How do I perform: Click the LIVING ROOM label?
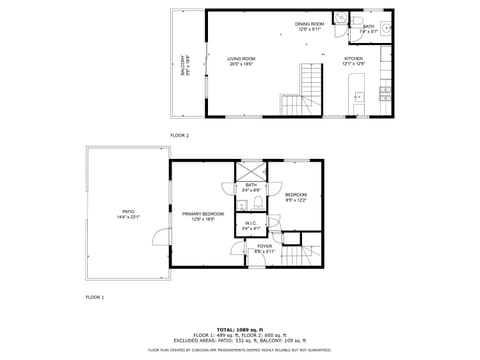[240, 61]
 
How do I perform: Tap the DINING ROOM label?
[309, 26]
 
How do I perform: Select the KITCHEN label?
[355, 62]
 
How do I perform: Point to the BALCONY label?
[183, 64]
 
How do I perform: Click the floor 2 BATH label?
[369, 29]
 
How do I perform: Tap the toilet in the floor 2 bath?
[341, 18]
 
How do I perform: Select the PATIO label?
[128, 213]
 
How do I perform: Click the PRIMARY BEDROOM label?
[203, 216]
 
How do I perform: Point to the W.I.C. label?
[251, 226]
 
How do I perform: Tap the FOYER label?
[264, 248]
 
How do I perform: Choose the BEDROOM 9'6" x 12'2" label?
[295, 197]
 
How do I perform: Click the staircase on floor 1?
[301, 257]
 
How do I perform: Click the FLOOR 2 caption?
[180, 134]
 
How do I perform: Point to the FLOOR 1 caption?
[94, 298]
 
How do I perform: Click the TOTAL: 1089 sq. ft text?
[240, 329]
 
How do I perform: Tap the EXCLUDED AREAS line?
[240, 340]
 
